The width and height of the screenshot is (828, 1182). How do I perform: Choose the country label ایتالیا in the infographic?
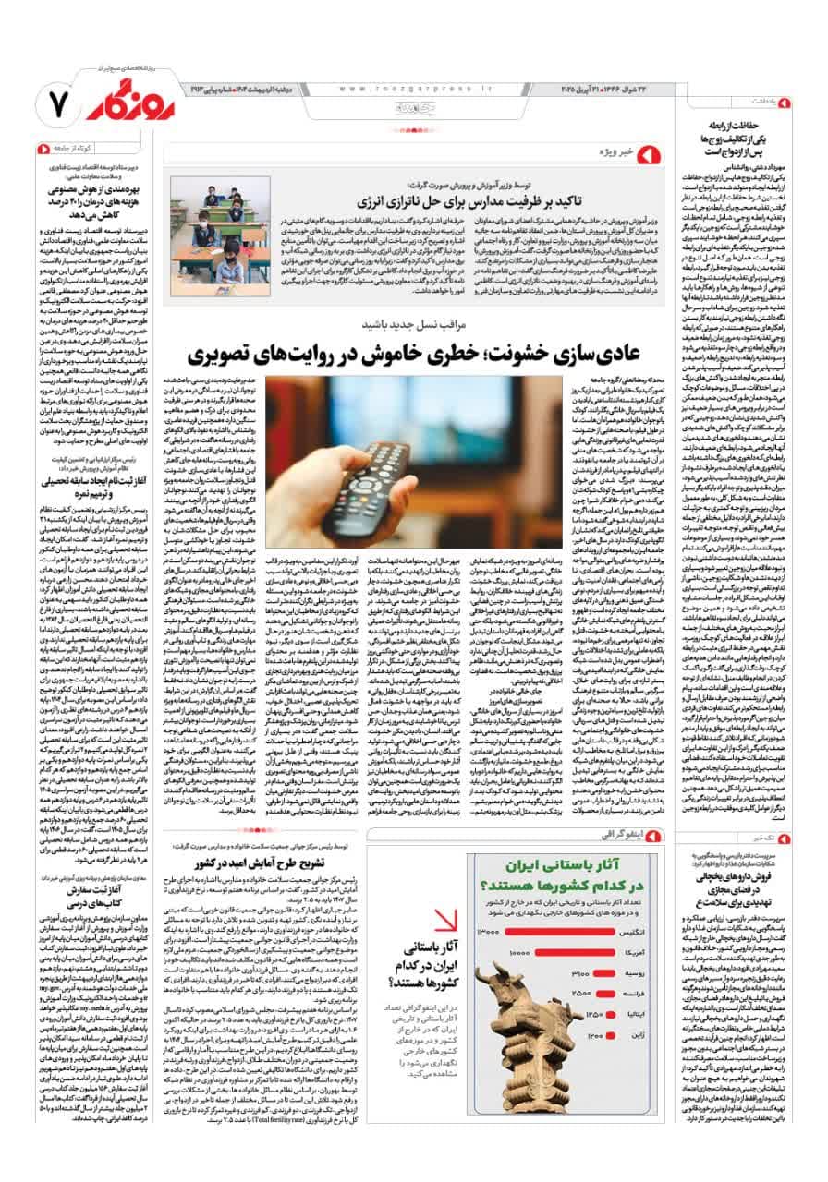639,1015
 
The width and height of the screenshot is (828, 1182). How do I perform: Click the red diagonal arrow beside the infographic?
444,923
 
